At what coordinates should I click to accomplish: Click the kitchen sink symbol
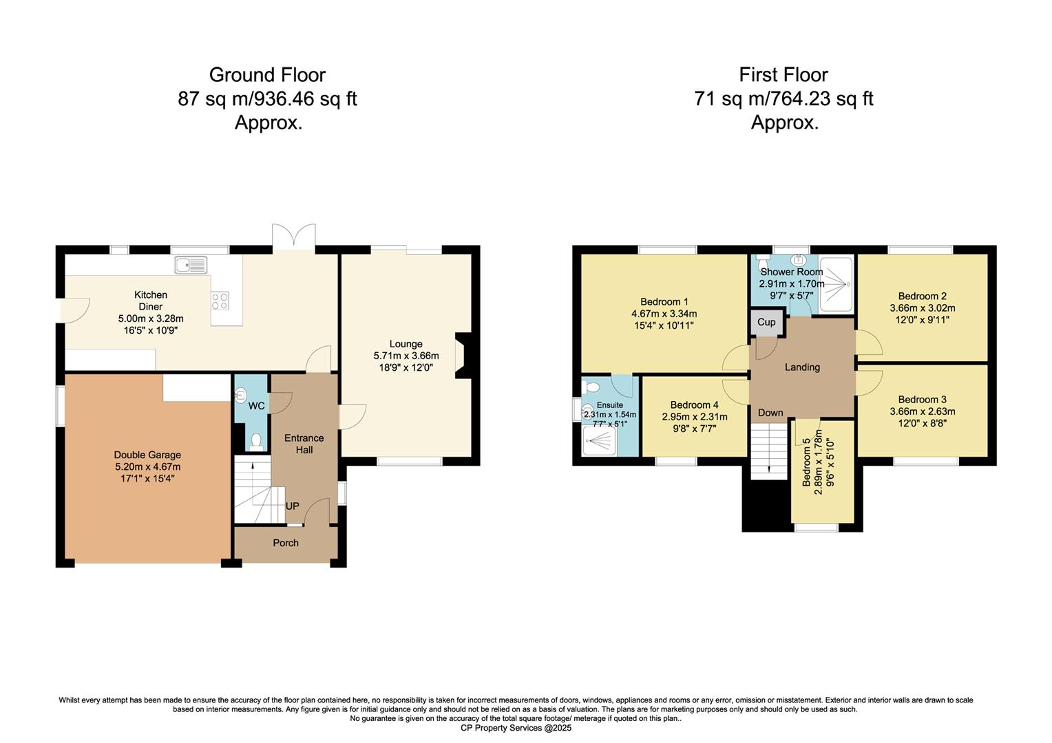(191, 264)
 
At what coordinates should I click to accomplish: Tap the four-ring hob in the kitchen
(220, 301)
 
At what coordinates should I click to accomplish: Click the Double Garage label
(147, 455)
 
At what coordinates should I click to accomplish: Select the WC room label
(257, 406)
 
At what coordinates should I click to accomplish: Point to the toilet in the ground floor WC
(256, 440)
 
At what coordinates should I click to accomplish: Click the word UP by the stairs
(293, 506)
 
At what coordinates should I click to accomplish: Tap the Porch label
(286, 543)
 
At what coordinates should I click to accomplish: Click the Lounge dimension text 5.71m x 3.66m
(406, 356)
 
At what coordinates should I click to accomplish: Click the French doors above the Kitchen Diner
(294, 237)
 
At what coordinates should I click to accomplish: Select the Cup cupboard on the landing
(766, 322)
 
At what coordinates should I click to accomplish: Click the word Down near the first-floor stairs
(770, 413)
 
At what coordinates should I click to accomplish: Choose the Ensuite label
(609, 405)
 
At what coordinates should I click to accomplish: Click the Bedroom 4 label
(694, 405)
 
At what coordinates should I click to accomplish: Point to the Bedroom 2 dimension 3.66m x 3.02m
(923, 308)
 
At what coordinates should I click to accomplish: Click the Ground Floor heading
(267, 74)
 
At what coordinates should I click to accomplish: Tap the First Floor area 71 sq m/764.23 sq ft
(783, 98)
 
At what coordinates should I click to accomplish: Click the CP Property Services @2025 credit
(516, 728)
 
